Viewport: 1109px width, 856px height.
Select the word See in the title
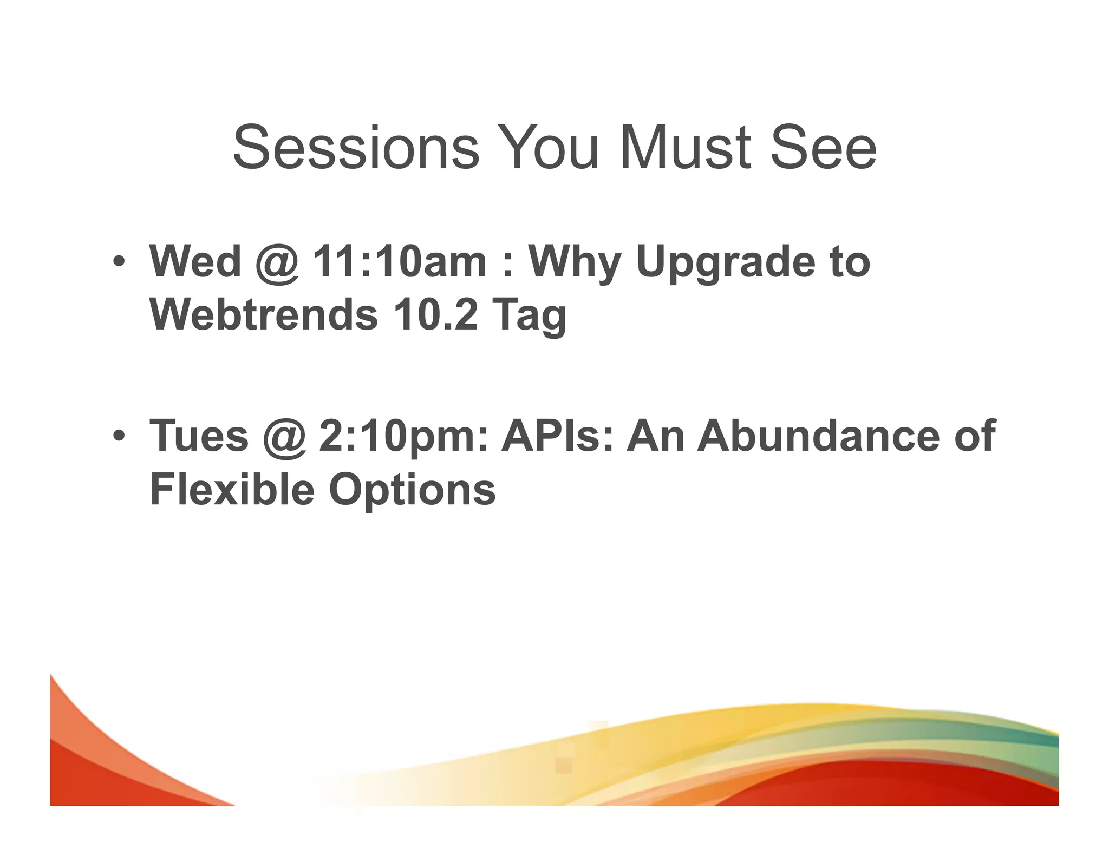click(823, 147)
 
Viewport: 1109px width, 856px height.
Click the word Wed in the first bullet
click(195, 261)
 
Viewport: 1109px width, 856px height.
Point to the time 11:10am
click(400, 261)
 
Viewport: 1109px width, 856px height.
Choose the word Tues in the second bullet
click(199, 436)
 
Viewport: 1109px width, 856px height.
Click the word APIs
click(557, 436)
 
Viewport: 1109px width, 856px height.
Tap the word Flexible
click(232, 489)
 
